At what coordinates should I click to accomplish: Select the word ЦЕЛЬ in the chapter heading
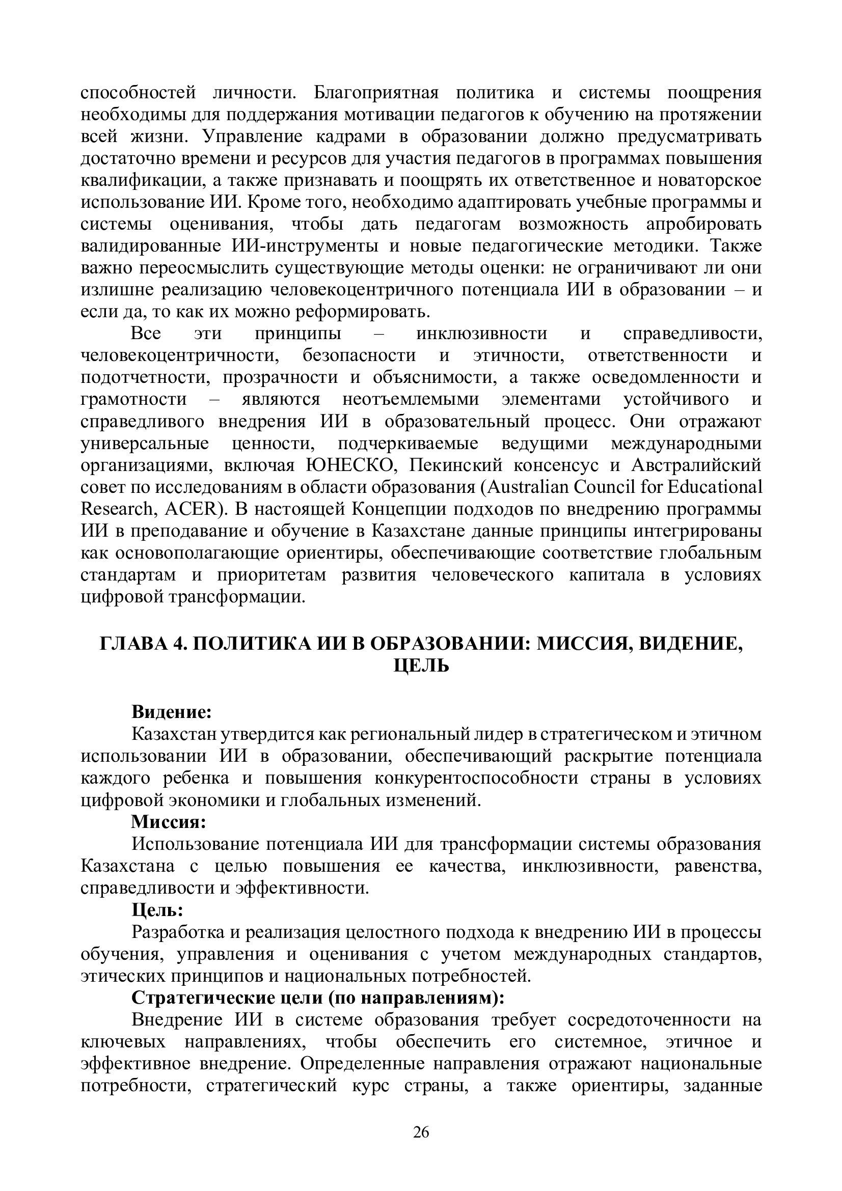click(x=421, y=667)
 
